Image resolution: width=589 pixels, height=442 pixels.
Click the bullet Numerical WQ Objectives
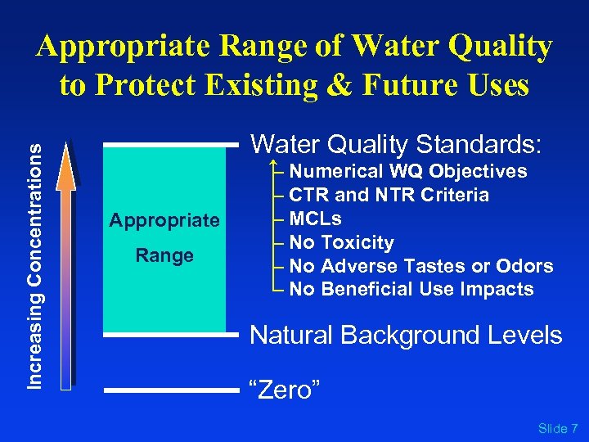click(407, 172)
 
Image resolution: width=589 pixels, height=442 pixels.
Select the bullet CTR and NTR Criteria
click(389, 196)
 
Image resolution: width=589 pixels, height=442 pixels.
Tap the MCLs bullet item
click(315, 219)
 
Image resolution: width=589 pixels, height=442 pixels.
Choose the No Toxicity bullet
click(341, 243)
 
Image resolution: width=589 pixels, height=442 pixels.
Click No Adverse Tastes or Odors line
click(420, 267)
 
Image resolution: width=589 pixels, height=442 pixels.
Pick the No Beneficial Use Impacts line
click(411, 290)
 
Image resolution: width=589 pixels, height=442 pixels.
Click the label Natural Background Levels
click(406, 336)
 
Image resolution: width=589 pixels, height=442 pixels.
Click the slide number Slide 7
click(558, 429)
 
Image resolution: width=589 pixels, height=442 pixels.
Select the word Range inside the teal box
click(164, 255)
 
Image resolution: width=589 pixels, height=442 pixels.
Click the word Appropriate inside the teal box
click(164, 220)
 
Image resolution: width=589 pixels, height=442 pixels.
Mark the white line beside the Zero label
click(172, 390)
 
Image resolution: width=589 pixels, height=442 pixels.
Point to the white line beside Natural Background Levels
click(172, 334)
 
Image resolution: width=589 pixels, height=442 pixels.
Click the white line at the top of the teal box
click(172, 145)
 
